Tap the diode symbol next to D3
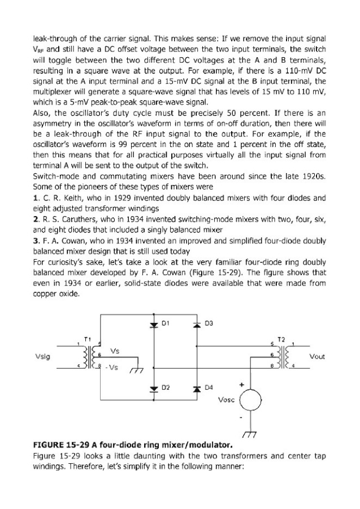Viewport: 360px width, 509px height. coord(198,326)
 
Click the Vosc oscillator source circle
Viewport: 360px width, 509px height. coord(249,402)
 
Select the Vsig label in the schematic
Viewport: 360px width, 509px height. coord(43,357)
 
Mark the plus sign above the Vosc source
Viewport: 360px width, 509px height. coord(242,385)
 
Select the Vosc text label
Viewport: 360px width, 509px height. coord(226,401)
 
